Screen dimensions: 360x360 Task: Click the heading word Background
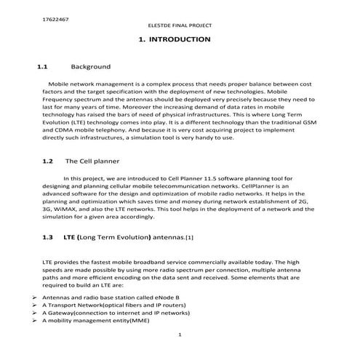pos(90,66)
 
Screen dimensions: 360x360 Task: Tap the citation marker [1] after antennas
pos(189,238)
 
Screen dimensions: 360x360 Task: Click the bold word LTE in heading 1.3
pos(70,237)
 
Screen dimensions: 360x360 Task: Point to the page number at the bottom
pos(179,335)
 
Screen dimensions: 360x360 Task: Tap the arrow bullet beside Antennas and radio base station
pos(36,297)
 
